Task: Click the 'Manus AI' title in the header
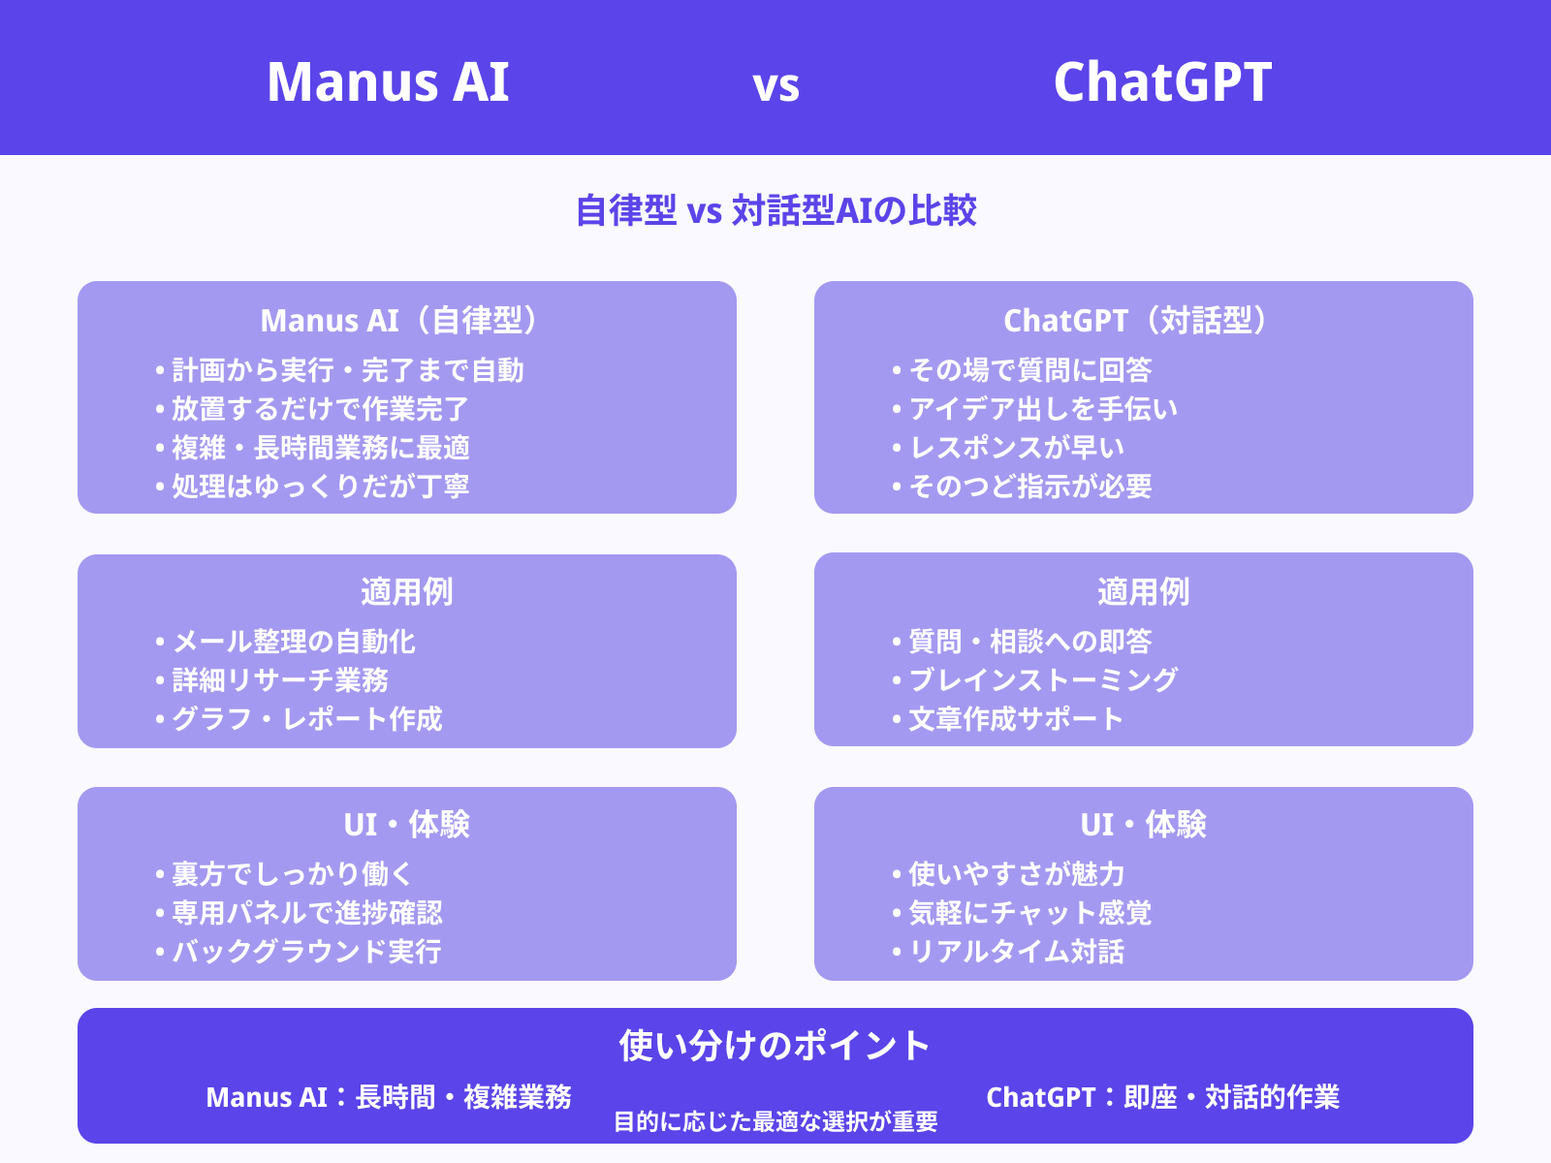[388, 81]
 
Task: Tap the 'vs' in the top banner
[775, 85]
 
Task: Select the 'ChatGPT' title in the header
[1162, 81]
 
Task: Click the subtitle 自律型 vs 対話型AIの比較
[775, 210]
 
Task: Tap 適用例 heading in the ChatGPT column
[1143, 591]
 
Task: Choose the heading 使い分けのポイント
[775, 1045]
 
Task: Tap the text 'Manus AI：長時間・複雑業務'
[389, 1097]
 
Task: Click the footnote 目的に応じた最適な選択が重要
[775, 1122]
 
